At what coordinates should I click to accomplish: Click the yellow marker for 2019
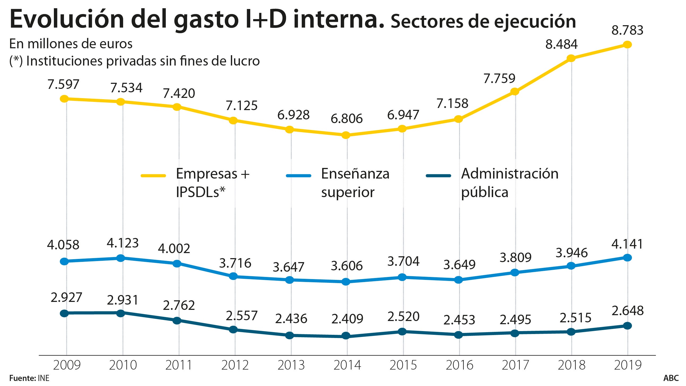[627, 45]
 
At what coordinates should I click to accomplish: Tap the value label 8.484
[561, 44]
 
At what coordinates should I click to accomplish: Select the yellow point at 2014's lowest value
[346, 135]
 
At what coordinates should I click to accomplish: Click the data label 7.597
[63, 84]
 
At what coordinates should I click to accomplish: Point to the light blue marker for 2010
[121, 258]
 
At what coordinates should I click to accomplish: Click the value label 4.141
[627, 244]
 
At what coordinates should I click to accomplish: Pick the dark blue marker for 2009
[64, 313]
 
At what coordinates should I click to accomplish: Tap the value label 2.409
[347, 319]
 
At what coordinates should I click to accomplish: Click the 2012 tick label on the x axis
[235, 365]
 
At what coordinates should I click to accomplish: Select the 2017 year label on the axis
[516, 365]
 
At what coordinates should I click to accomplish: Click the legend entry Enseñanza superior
[355, 183]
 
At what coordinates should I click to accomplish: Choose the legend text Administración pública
[509, 183]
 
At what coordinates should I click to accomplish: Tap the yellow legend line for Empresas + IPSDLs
[153, 176]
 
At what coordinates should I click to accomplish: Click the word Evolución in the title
[67, 19]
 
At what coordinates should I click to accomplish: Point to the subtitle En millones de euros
[71, 44]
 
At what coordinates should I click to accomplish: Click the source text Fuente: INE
[29, 378]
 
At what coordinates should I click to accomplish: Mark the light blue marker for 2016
[458, 280]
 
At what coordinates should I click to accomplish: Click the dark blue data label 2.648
[627, 311]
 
